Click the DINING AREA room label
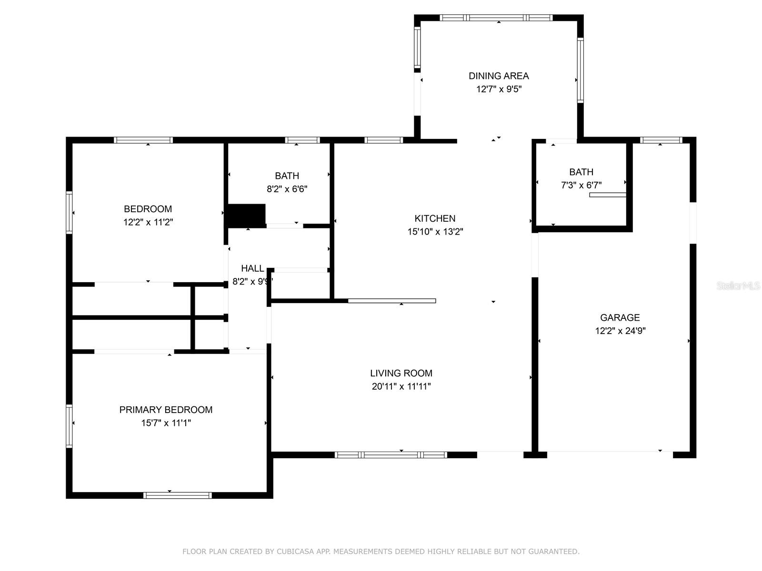click(499, 76)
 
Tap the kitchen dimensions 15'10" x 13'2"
click(435, 232)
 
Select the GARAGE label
click(620, 317)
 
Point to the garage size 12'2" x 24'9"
click(620, 331)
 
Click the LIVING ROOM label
click(401, 373)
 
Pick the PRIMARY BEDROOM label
click(166, 410)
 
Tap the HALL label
click(252, 268)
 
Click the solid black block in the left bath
click(246, 215)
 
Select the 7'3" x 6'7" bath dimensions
click(581, 185)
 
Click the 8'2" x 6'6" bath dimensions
click(287, 189)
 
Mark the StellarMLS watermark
click(738, 286)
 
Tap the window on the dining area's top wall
click(496, 18)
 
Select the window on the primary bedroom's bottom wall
click(177, 495)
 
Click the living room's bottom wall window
click(391, 455)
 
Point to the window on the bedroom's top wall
click(143, 140)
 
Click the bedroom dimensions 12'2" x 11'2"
click(148, 222)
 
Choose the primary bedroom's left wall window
click(69, 426)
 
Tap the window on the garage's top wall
click(661, 140)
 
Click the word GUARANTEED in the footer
click(555, 551)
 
